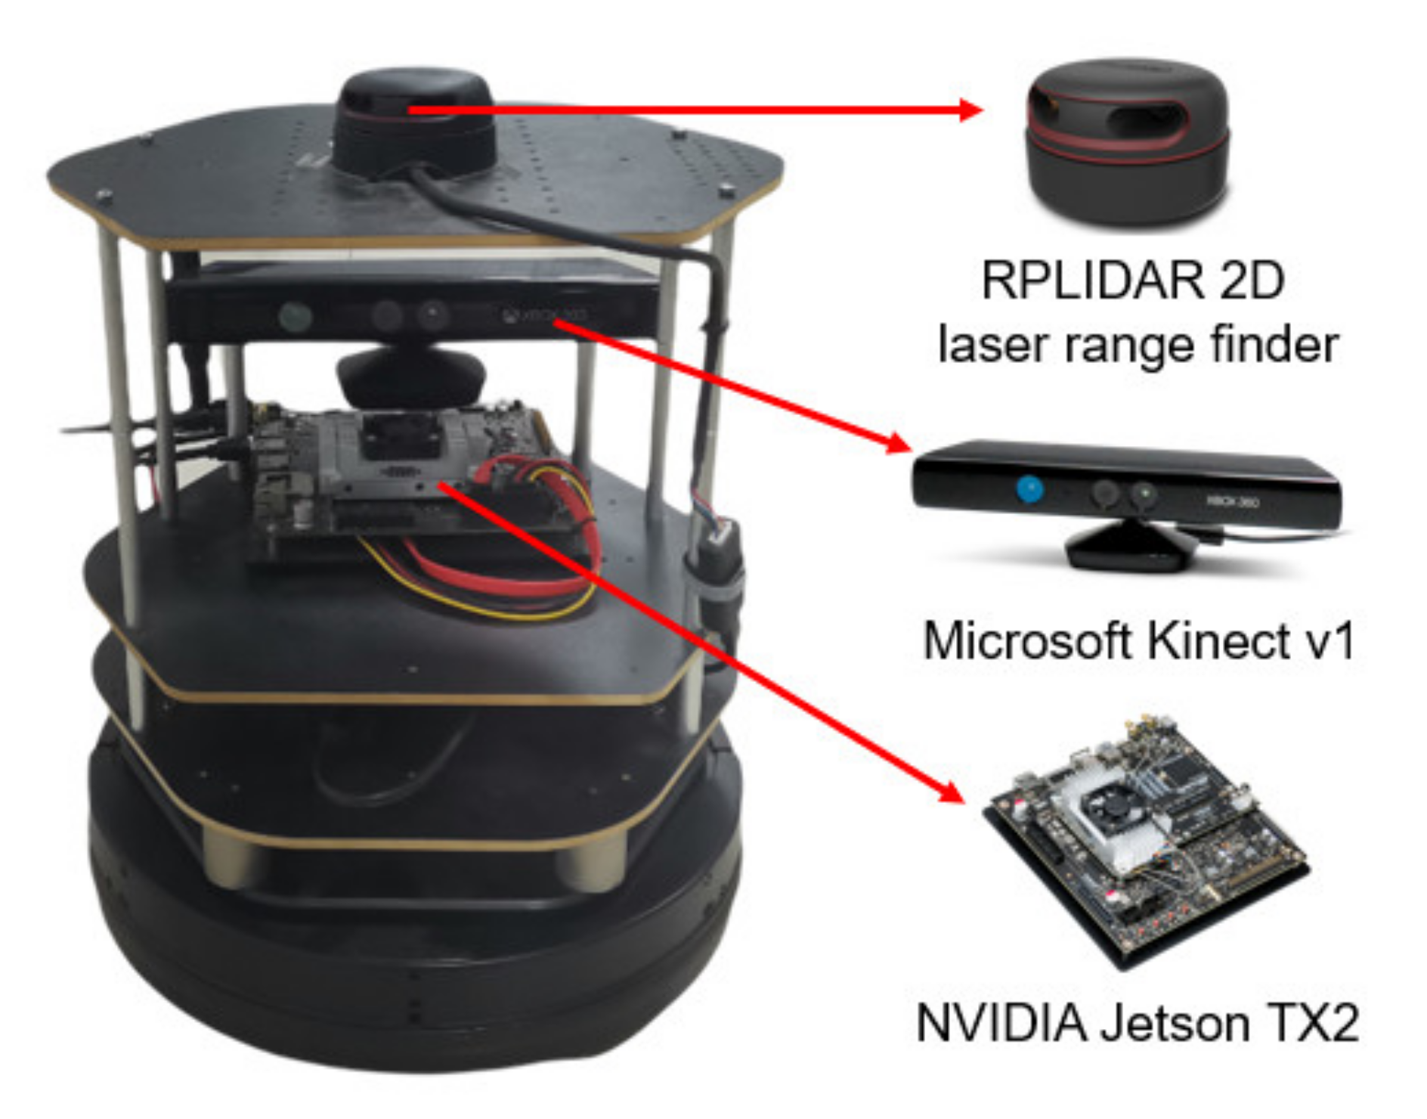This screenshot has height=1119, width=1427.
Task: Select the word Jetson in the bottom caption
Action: coord(1176,1023)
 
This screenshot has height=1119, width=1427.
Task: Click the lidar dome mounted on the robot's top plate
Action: coord(414,121)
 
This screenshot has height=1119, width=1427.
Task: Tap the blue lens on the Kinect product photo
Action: coord(1029,488)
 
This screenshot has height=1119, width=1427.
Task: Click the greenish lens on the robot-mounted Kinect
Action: coord(294,316)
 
